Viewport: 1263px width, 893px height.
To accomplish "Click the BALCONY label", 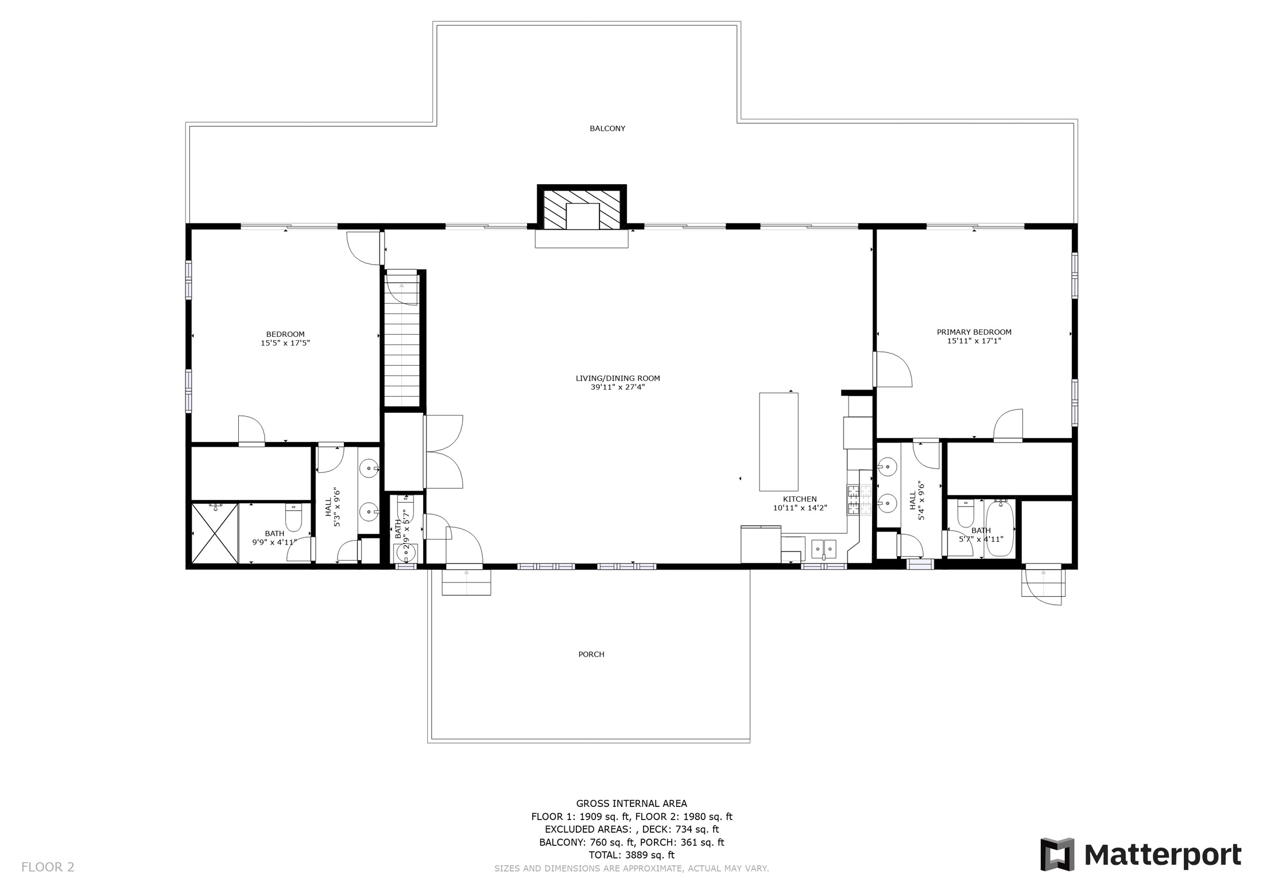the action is [x=607, y=129].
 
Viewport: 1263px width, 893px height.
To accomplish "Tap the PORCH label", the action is [x=591, y=654].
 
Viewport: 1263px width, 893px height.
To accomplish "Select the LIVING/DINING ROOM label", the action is [x=618, y=378].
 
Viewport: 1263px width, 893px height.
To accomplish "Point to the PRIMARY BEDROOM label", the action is [x=974, y=332].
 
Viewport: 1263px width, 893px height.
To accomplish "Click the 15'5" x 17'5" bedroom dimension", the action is [x=285, y=343].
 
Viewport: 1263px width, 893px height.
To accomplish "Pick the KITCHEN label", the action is [x=800, y=499].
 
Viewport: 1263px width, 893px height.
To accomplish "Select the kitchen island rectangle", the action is [x=778, y=442].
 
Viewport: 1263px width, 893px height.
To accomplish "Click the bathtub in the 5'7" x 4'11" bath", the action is [x=1000, y=527].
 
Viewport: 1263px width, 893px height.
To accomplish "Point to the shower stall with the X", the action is [x=214, y=533].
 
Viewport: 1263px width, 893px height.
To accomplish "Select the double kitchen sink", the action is [x=824, y=549].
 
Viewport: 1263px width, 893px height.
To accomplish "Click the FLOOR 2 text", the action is [x=48, y=867].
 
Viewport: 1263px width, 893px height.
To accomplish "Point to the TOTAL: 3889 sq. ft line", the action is [x=631, y=855].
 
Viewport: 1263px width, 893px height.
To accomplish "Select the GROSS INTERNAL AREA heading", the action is [x=631, y=803].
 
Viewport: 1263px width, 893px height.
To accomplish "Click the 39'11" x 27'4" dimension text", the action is [x=618, y=387].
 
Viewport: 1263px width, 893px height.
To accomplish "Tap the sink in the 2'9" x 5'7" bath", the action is [x=406, y=553].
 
